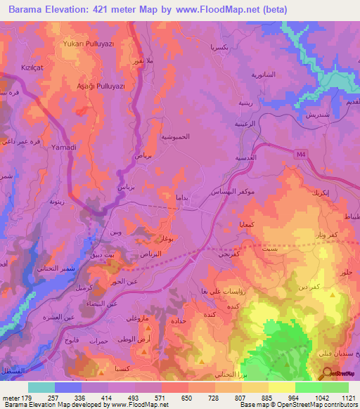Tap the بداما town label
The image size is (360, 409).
[x=181, y=199]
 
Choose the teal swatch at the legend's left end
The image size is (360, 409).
[x=41, y=387]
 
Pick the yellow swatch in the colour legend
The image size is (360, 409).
[x=282, y=387]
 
